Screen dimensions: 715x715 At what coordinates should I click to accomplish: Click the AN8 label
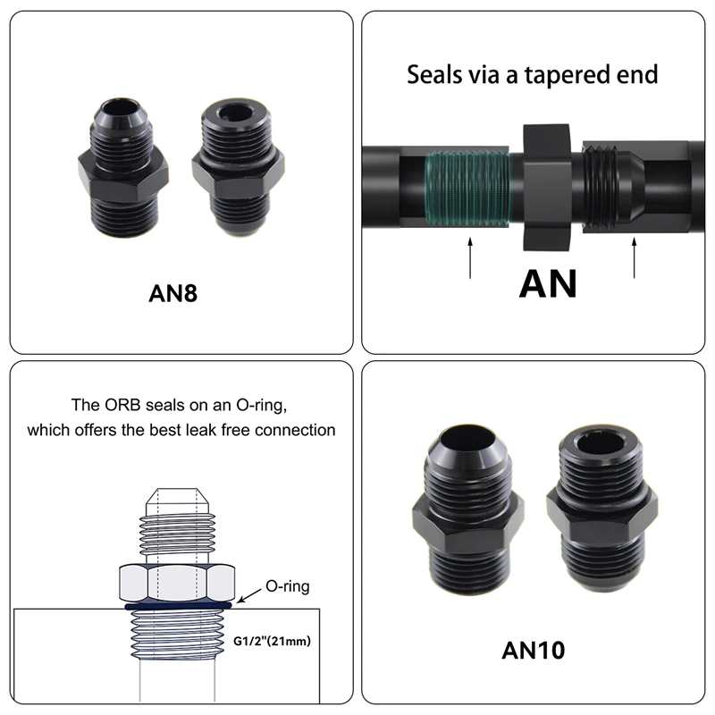click(x=172, y=293)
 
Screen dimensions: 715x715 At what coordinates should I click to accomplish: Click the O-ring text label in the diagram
click(x=289, y=587)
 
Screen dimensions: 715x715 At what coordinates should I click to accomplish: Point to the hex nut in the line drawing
click(x=176, y=583)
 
